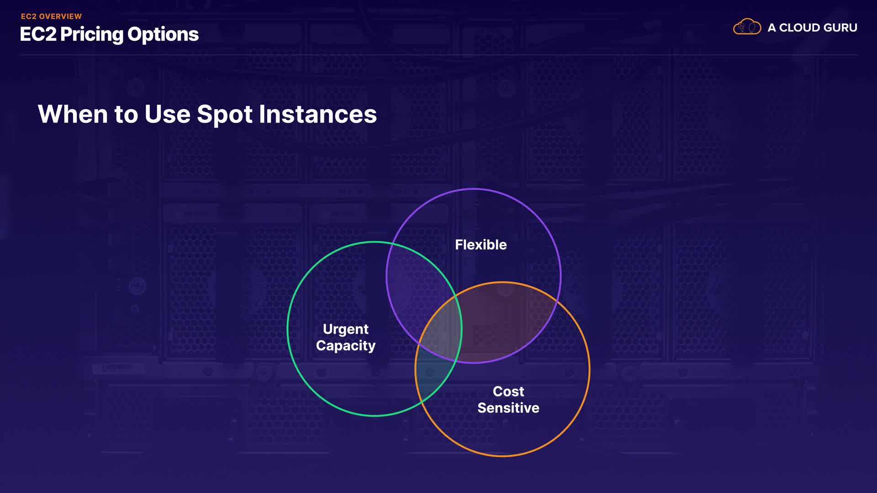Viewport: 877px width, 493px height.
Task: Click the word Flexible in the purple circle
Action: pyautogui.click(x=481, y=245)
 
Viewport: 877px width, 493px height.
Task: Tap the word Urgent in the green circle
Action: pyautogui.click(x=346, y=330)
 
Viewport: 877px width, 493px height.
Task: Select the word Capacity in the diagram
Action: pyautogui.click(x=346, y=346)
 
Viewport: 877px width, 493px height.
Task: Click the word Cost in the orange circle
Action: pyautogui.click(x=508, y=391)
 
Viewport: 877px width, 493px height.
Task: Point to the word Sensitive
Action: pyautogui.click(x=508, y=408)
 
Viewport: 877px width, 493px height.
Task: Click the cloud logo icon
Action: pyautogui.click(x=747, y=27)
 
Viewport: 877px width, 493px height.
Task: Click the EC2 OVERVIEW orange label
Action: pyautogui.click(x=51, y=16)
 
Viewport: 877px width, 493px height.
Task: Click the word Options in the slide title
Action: pyautogui.click(x=163, y=35)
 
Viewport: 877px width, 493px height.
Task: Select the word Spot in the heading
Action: pyautogui.click(x=225, y=115)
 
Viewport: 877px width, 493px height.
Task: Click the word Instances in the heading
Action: pyautogui.click(x=318, y=114)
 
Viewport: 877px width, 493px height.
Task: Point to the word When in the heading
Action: pyautogui.click(x=73, y=114)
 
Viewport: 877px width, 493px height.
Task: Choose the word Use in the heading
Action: pyautogui.click(x=167, y=114)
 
